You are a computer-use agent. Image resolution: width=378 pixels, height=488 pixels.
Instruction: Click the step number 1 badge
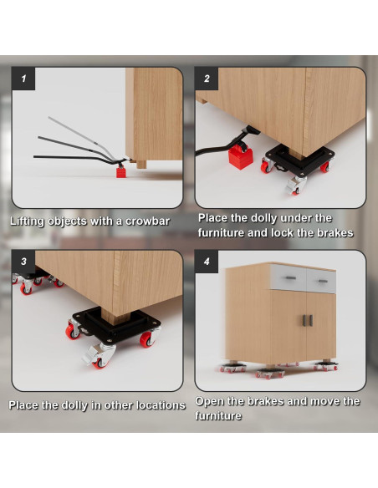coord(23,79)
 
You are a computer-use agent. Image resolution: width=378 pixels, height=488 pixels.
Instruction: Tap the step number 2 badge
coord(207,79)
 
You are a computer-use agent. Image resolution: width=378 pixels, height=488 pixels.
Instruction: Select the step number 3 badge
coord(23,262)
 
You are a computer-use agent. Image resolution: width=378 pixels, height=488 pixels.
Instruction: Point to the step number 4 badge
coord(207,262)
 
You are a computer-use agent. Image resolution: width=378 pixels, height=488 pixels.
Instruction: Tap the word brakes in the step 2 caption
coord(335,233)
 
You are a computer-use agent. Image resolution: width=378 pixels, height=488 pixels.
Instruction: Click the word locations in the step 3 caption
coord(162,405)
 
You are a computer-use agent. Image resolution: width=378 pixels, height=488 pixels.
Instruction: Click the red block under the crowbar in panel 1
coord(121,171)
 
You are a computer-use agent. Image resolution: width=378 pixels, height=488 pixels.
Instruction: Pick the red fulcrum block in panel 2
coord(240,157)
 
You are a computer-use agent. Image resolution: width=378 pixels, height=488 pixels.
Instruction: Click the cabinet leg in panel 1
coord(141,164)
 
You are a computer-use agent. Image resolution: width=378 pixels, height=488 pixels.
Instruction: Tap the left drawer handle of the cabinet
coord(290,278)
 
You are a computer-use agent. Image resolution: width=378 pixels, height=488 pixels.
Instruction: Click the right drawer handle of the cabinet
coord(323,282)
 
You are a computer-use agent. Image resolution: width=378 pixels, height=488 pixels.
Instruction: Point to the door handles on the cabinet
coord(307,321)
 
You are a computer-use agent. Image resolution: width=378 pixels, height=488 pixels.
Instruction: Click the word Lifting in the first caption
coord(27,221)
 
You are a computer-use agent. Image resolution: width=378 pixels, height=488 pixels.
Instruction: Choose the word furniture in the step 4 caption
coord(218,416)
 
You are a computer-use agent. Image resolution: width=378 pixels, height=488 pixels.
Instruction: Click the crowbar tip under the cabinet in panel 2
coord(253,130)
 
